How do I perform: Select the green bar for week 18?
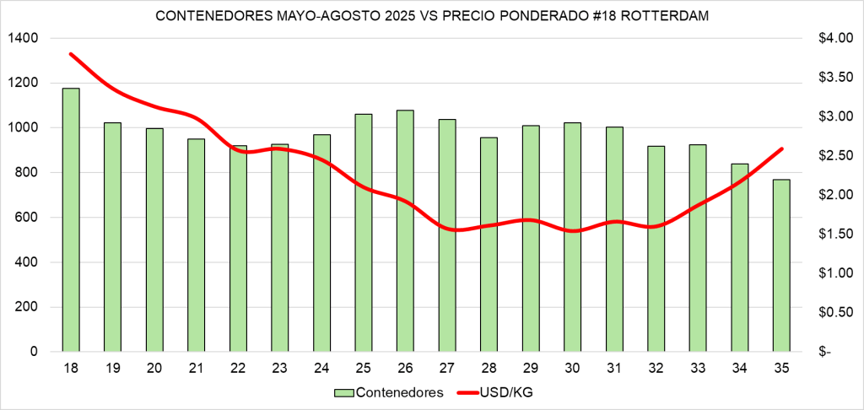click(x=71, y=219)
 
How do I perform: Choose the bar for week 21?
click(x=196, y=245)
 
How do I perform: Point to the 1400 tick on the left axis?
click(x=26, y=39)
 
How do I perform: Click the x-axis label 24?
click(x=321, y=369)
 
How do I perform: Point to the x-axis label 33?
click(x=698, y=369)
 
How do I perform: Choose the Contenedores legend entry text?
click(x=400, y=392)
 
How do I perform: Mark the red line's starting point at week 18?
click(x=71, y=54)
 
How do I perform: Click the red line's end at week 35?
click(x=781, y=149)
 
